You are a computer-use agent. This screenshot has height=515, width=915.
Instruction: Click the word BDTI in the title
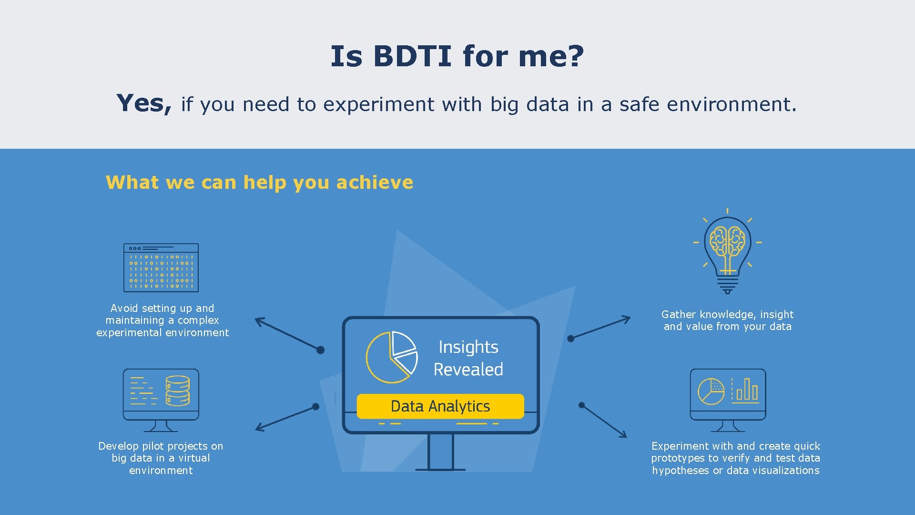point(412,56)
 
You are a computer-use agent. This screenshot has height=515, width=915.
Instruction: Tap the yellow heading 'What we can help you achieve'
point(259,182)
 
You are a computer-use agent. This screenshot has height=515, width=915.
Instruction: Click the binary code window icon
point(161,268)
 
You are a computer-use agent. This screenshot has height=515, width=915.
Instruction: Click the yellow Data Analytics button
point(440,406)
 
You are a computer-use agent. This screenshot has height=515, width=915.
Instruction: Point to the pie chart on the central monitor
point(391,357)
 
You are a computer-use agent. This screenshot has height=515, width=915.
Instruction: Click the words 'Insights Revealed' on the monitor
point(468,358)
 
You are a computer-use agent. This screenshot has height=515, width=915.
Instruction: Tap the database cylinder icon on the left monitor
point(177,391)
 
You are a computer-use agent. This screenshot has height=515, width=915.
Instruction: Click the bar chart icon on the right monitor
point(746,390)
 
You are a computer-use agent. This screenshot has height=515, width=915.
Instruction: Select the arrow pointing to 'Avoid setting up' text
point(289,334)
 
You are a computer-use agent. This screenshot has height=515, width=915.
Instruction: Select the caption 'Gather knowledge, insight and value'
point(727,320)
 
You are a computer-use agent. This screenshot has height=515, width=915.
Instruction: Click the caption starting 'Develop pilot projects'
point(161,458)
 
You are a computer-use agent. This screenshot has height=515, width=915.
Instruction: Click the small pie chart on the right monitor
point(711,391)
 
